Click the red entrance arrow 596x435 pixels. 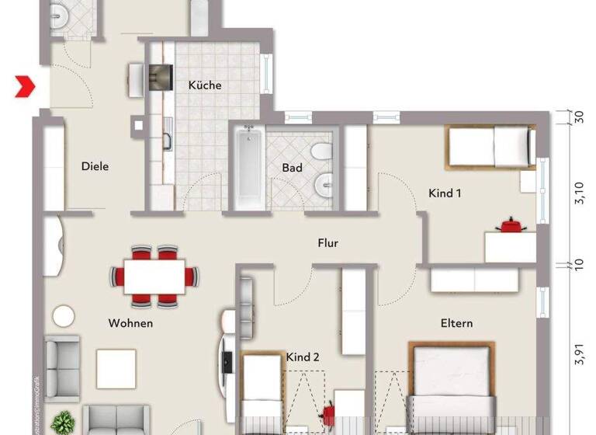[26, 86]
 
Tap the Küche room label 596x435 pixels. [204, 85]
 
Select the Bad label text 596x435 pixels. [292, 167]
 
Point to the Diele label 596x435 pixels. [95, 166]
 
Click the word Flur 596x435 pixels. [327, 243]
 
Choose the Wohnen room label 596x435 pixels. [130, 323]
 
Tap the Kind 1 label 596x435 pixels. [445, 193]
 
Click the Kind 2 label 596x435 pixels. [303, 357]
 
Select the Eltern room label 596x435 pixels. [456, 323]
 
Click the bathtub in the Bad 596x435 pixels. [248, 165]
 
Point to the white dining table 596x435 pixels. [154, 275]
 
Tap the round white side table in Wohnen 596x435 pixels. [63, 316]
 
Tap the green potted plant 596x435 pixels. [62, 423]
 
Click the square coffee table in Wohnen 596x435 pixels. [116, 368]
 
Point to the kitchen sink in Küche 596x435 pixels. [167, 141]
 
